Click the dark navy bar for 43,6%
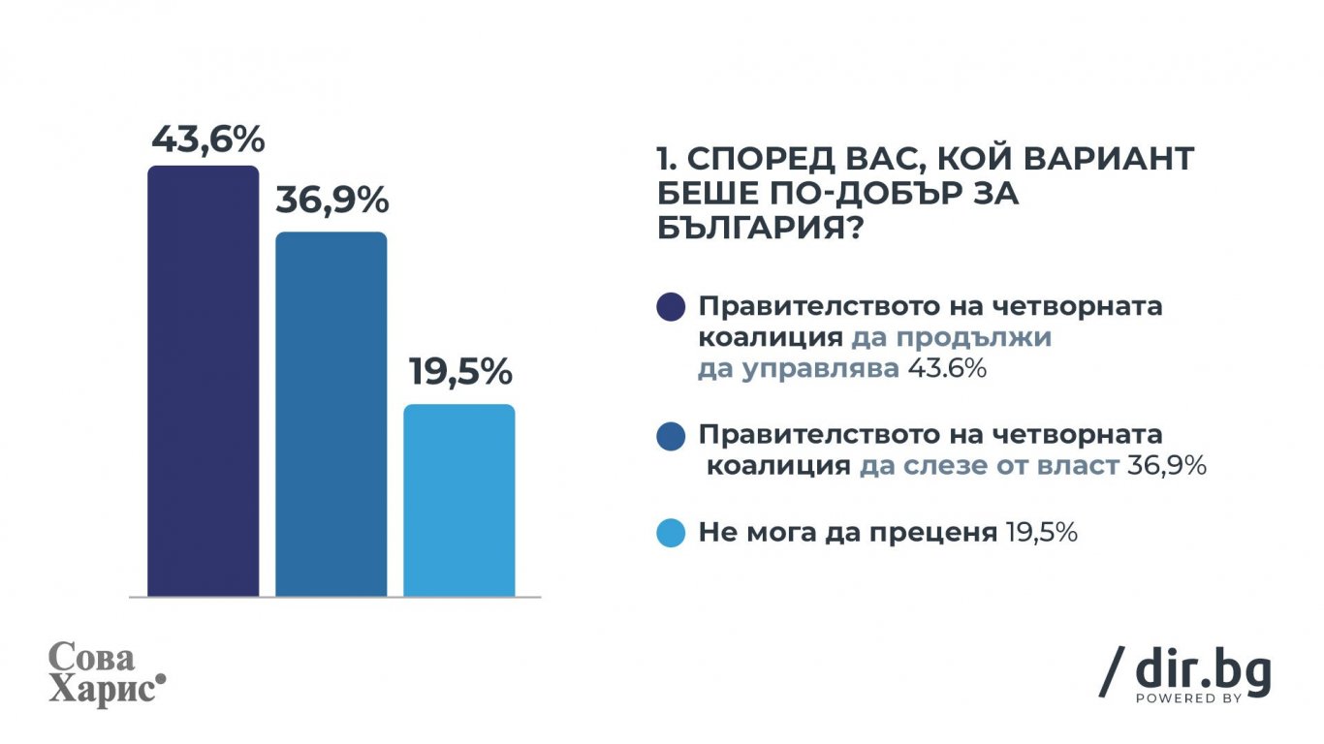[x=203, y=381]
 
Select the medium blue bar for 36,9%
[x=331, y=415]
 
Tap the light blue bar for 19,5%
[x=459, y=501]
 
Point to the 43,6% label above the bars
[x=208, y=140]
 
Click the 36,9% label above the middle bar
[x=332, y=201]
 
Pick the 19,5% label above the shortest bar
[x=460, y=372]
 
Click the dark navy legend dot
[x=671, y=307]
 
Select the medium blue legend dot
[x=671, y=436]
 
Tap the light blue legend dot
[x=671, y=533]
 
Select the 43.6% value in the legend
[x=947, y=369]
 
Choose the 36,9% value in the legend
[x=1167, y=466]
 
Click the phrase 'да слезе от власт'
[x=990, y=466]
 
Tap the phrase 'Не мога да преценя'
[x=848, y=533]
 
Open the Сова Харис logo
[x=107, y=674]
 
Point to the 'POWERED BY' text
[x=1188, y=698]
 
